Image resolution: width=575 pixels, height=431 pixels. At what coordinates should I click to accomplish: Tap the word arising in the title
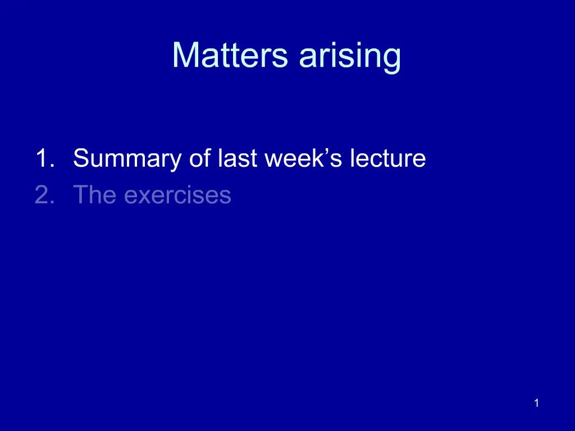350,56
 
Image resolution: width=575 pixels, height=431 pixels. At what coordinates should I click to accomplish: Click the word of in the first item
198,159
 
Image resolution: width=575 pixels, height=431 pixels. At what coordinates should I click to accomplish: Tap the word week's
304,159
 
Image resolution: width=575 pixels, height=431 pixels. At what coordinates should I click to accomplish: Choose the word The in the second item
95,195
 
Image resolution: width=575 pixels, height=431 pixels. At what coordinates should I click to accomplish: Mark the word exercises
177,195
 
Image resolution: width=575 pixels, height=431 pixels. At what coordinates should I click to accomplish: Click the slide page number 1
537,403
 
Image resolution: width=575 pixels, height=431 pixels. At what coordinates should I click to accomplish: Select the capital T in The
80,195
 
